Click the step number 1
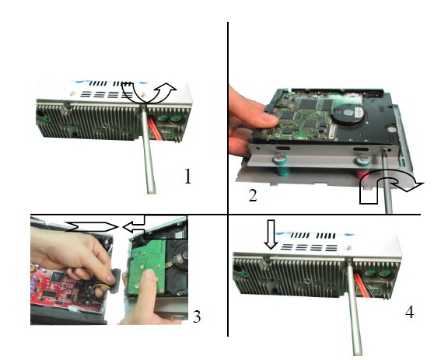(x=187, y=177)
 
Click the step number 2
(x=253, y=195)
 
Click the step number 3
(x=197, y=316)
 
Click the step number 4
(x=409, y=312)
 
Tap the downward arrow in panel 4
(x=271, y=234)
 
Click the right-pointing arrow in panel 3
(x=93, y=227)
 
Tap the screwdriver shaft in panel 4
(x=353, y=306)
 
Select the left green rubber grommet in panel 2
(x=280, y=166)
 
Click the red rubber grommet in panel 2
(x=362, y=169)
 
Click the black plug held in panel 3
(x=115, y=281)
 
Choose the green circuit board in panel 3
(x=146, y=267)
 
